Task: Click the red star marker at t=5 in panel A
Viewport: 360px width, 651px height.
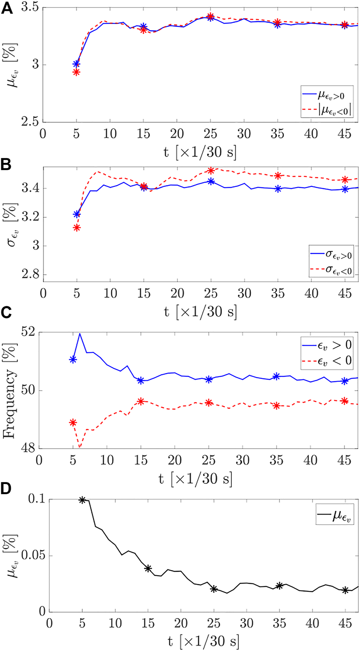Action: point(76,72)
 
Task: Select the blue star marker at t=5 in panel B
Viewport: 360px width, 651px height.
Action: point(76,214)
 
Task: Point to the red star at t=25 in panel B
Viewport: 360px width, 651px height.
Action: point(210,171)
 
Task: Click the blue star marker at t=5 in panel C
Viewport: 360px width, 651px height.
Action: point(73,360)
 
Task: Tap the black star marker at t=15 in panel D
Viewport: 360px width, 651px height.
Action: point(148,569)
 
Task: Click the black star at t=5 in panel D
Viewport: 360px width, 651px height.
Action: point(82,500)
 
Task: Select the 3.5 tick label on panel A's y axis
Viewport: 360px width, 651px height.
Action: point(30,8)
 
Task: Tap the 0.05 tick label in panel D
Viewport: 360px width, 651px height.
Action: point(34,556)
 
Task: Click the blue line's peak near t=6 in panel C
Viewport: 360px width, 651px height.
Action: point(80,334)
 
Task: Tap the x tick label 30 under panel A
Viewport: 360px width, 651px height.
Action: point(244,134)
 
